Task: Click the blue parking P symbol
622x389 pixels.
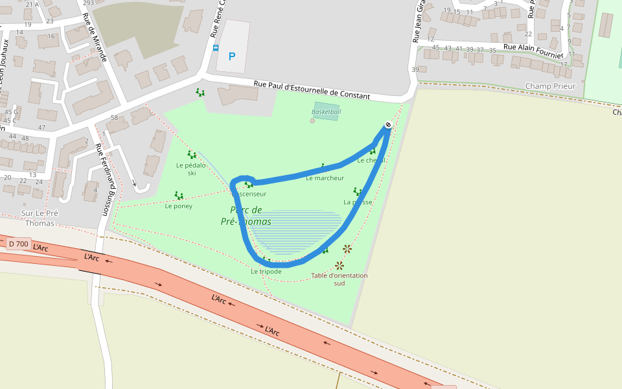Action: [x=231, y=57]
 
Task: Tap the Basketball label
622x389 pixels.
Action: [x=326, y=112]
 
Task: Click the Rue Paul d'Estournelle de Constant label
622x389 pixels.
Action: [x=312, y=90]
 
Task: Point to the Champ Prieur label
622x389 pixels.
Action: [x=550, y=86]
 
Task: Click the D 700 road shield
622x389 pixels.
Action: [x=19, y=244]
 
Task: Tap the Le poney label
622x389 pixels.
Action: [x=178, y=206]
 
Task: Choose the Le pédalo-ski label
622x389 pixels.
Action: [x=191, y=169]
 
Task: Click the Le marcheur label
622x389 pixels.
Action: [x=325, y=178]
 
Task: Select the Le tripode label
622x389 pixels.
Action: [x=266, y=271]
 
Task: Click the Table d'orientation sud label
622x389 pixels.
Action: [x=339, y=279]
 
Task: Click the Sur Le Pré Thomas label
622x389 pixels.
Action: [x=40, y=218]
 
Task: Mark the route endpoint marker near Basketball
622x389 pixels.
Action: [x=388, y=124]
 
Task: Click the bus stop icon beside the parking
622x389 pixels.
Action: [x=216, y=47]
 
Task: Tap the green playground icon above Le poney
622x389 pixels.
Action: [x=178, y=195]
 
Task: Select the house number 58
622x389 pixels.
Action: [x=114, y=117]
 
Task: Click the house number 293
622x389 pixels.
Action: [x=88, y=3]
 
